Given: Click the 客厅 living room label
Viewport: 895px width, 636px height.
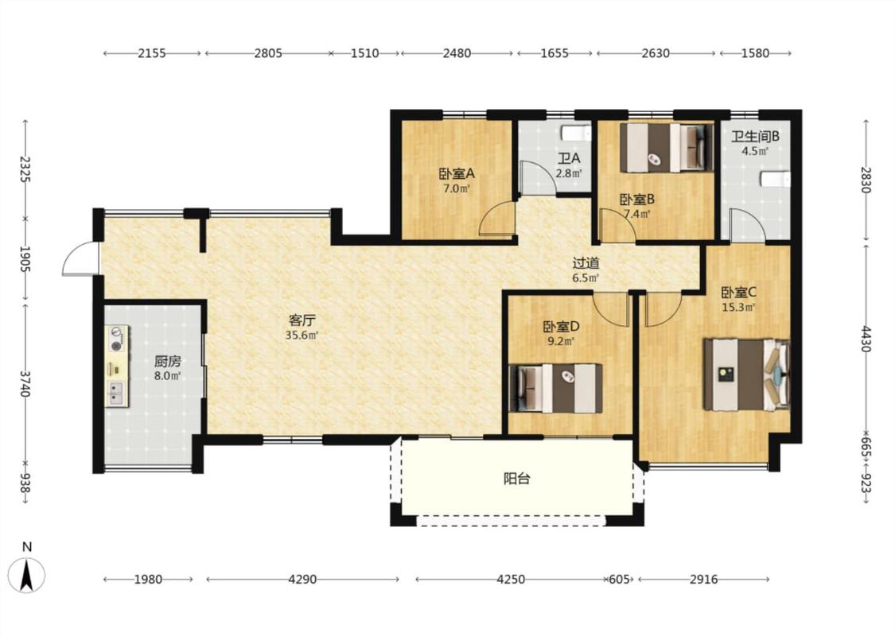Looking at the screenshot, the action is (x=302, y=320).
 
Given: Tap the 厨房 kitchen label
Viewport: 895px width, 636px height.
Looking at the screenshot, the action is (x=168, y=361).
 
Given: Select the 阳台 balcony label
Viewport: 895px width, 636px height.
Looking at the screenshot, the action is (x=517, y=478).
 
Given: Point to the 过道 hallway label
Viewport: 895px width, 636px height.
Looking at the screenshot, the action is (x=586, y=263).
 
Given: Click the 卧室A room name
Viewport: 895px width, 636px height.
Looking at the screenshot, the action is (x=457, y=173).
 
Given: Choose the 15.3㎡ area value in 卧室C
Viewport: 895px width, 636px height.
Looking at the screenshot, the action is (x=738, y=308).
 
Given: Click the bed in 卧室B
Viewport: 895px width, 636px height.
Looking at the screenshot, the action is (x=667, y=147).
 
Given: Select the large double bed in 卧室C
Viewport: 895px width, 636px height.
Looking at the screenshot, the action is (x=746, y=374).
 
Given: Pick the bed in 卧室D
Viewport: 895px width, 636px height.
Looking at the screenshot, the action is (x=555, y=388).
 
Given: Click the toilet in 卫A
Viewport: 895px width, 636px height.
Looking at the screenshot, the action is (x=577, y=133).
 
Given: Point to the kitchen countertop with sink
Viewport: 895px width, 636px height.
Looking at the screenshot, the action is (x=117, y=366).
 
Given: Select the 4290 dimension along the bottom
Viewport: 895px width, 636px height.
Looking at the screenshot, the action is (x=302, y=580).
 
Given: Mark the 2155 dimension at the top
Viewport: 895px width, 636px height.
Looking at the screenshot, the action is (x=152, y=53).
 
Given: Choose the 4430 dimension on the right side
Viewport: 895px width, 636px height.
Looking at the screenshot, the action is (x=866, y=339).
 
